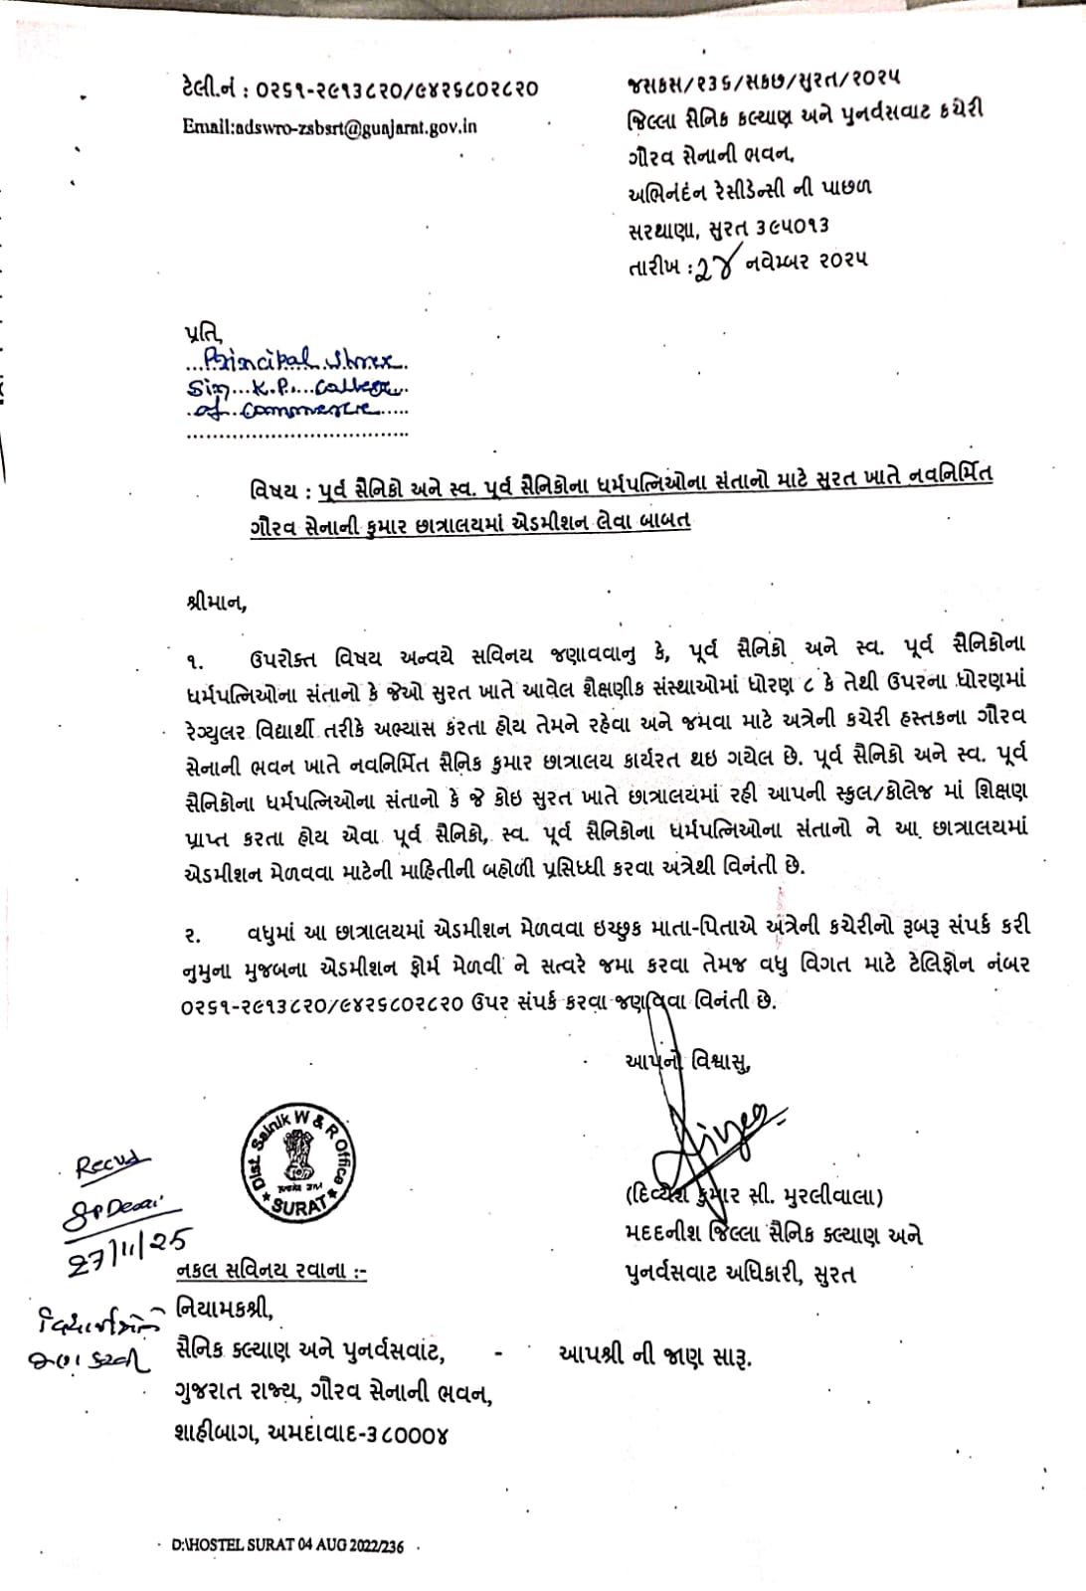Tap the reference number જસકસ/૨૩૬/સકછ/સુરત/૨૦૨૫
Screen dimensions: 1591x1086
763,76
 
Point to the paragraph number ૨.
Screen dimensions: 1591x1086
193,934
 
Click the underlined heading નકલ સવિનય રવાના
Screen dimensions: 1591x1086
269,1271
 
